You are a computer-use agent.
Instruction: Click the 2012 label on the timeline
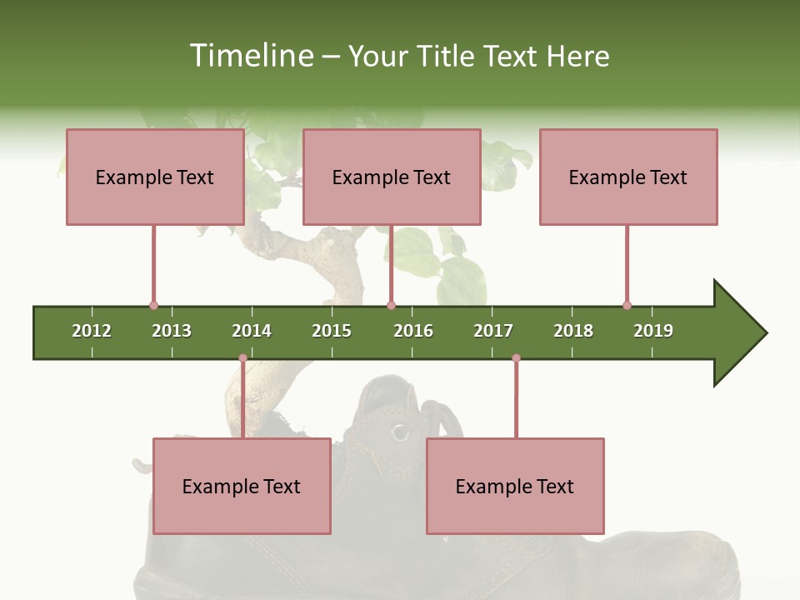(92, 331)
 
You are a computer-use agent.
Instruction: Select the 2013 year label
(172, 331)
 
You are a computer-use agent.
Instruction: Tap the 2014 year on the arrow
(252, 331)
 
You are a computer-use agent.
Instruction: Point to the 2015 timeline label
(332, 331)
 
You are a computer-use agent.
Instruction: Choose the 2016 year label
(413, 331)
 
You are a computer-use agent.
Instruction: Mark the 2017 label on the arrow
(493, 331)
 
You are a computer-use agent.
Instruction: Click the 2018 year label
(573, 331)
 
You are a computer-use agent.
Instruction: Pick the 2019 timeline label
(653, 331)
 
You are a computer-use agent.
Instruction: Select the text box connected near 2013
(155, 177)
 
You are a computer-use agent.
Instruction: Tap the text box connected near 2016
(392, 177)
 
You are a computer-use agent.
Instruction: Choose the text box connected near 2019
(628, 177)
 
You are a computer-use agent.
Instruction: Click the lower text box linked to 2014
(242, 486)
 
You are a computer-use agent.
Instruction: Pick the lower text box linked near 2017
(515, 486)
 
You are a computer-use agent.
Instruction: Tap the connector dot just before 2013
(153, 305)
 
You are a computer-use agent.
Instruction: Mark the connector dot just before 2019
(627, 305)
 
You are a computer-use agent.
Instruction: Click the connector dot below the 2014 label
(242, 358)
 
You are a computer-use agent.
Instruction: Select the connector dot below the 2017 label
(516, 358)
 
